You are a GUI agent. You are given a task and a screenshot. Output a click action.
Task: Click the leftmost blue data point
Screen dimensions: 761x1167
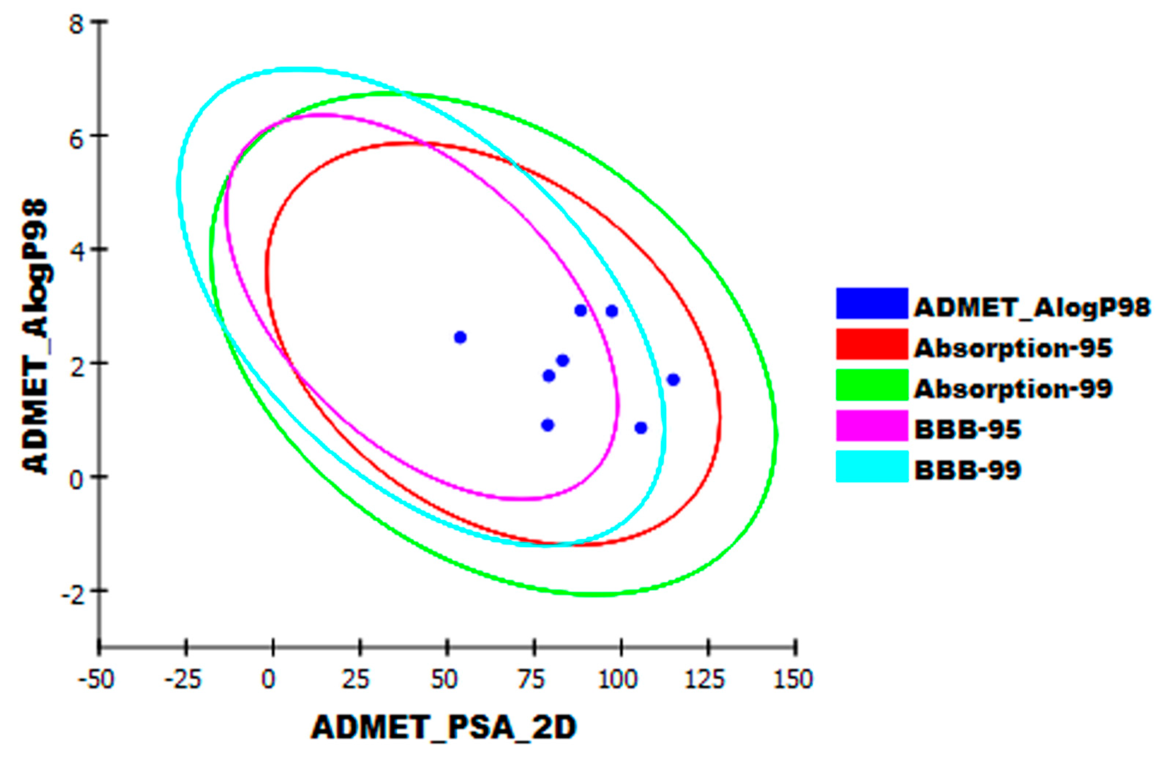click(460, 337)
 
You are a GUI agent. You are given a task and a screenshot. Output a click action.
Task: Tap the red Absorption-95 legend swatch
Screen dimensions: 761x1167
click(872, 344)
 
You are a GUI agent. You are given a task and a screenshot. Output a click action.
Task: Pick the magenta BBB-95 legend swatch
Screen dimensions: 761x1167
click(872, 425)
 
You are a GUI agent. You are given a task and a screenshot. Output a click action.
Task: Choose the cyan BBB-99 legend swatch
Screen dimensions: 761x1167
click(872, 466)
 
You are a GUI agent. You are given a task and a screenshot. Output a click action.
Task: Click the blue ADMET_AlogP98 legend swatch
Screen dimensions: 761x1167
click(872, 303)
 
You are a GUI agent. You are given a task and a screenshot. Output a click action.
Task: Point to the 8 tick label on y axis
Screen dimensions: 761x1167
click(76, 23)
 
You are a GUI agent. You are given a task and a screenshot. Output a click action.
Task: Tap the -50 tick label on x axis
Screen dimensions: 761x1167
click(97, 679)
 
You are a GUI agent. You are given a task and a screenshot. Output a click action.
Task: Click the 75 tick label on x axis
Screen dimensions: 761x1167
click(533, 679)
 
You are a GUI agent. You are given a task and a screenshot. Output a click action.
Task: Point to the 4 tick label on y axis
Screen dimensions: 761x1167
click(76, 250)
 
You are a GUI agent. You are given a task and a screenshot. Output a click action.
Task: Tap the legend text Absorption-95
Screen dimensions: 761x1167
click(1013, 348)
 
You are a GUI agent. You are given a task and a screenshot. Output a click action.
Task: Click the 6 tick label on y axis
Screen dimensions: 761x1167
click(76, 137)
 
